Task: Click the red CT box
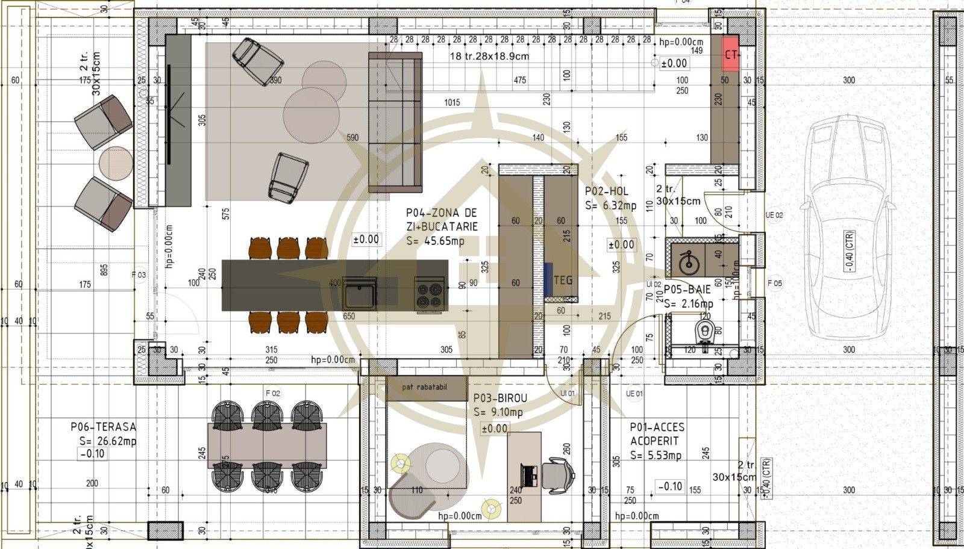(x=731, y=54)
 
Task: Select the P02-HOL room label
(x=607, y=191)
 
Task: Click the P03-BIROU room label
(x=499, y=399)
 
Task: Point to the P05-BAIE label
(x=687, y=290)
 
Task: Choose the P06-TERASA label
(x=103, y=427)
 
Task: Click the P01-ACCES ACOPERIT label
(x=657, y=434)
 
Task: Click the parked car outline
(x=850, y=241)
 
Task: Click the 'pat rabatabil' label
(x=425, y=387)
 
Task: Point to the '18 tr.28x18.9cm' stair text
(x=489, y=56)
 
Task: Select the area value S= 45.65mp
(x=435, y=241)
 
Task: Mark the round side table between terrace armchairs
(x=115, y=163)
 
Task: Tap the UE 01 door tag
(x=634, y=394)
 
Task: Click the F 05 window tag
(x=775, y=283)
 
